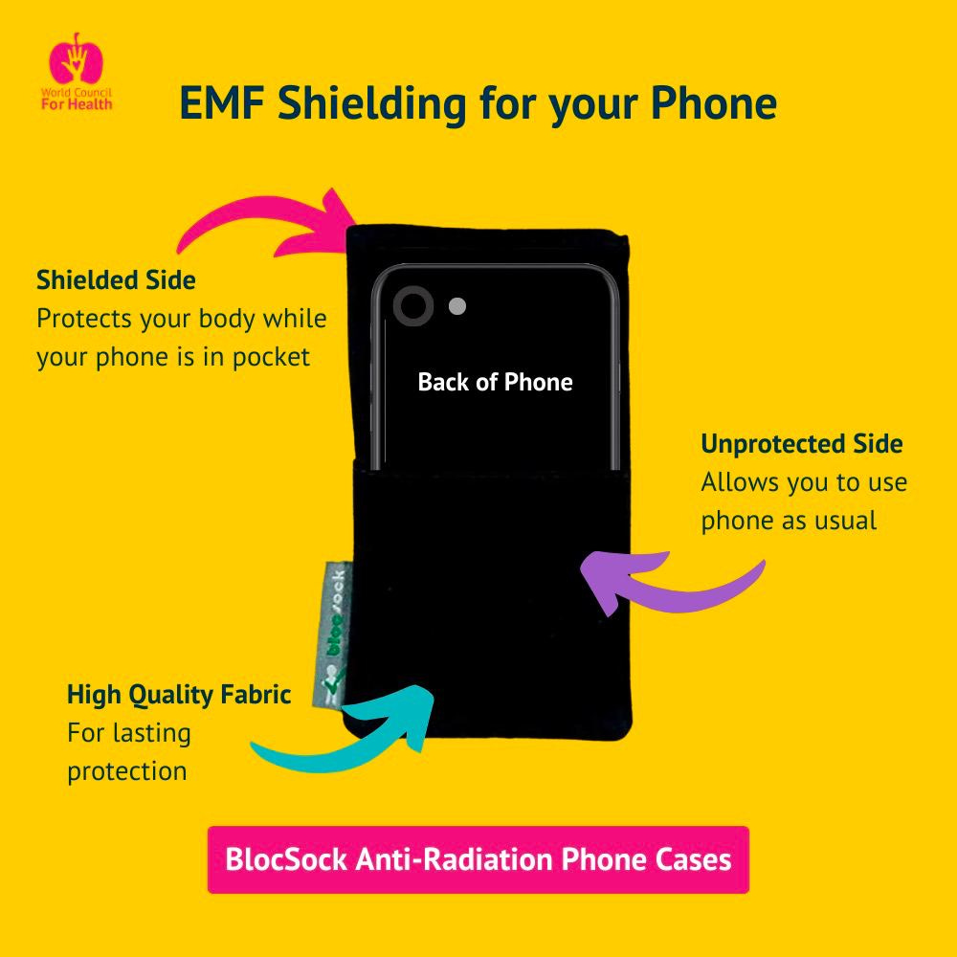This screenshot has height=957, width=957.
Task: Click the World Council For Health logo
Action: pyautogui.click(x=76, y=72)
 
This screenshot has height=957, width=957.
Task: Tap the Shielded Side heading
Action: pyautogui.click(x=116, y=280)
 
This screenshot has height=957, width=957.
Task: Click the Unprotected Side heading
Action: pyautogui.click(x=801, y=444)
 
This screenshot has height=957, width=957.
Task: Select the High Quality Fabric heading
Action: pyautogui.click(x=179, y=694)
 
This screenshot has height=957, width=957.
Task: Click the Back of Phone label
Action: pyautogui.click(x=495, y=382)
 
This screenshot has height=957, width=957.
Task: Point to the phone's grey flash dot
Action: pyautogui.click(x=457, y=306)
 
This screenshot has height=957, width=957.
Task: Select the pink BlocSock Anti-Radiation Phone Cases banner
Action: pyautogui.click(x=478, y=859)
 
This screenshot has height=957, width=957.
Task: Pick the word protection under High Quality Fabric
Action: pyautogui.click(x=126, y=771)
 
